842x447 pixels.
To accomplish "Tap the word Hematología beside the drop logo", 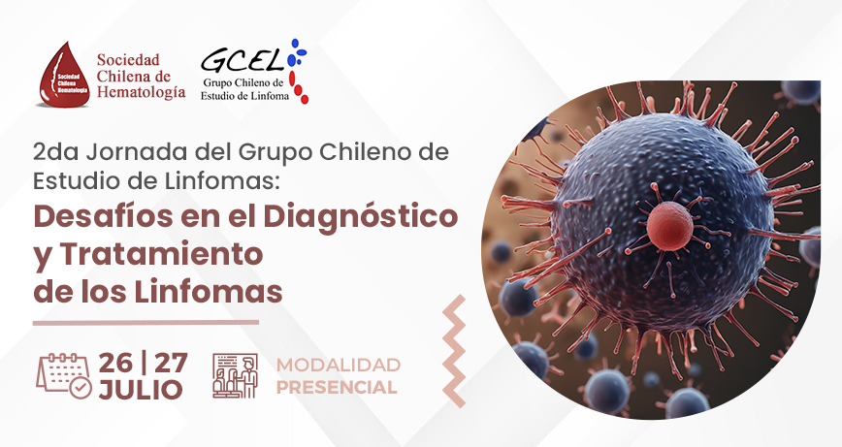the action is [142, 92].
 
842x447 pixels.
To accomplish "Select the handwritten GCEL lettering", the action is [243, 60].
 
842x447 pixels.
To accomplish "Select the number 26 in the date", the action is [115, 363].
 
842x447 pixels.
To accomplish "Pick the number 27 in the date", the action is [172, 363].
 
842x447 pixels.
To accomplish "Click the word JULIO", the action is [141, 390].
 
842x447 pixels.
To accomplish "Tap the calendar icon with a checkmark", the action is [64, 375].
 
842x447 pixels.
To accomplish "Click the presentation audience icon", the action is [235, 375].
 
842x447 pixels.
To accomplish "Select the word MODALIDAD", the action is [339, 365].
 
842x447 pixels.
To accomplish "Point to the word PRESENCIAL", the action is [337, 387].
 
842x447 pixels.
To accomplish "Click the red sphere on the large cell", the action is [669, 226].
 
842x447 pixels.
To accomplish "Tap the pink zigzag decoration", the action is [454, 351].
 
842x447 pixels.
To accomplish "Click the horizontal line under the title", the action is [146, 323].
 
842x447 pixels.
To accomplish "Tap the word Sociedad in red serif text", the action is [128, 59].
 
